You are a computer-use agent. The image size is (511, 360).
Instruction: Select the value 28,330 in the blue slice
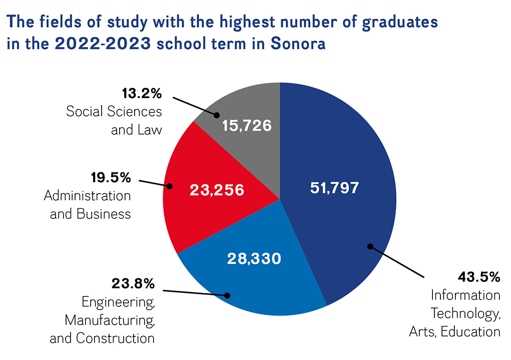(x=254, y=258)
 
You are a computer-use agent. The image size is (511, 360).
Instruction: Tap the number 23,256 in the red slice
(x=216, y=190)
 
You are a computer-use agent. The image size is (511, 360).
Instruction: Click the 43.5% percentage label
(x=479, y=277)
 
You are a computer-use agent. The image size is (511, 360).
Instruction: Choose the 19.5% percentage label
(x=111, y=177)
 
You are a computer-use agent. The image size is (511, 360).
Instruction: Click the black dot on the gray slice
(x=217, y=115)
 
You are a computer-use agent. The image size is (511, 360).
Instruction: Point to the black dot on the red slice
(x=169, y=186)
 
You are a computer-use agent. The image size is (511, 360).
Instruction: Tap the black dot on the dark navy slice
(x=370, y=246)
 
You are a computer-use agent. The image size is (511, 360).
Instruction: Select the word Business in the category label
(x=104, y=214)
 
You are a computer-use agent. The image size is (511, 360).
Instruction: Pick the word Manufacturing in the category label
(x=110, y=320)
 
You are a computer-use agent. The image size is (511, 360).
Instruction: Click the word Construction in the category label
(x=115, y=338)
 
